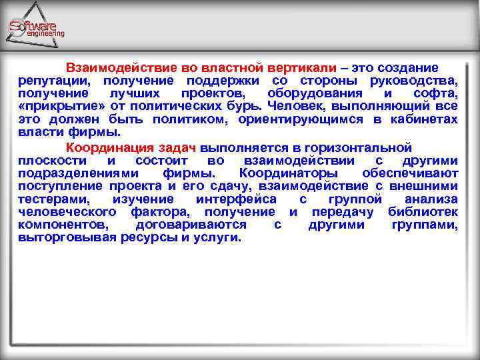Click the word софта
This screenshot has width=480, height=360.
click(x=436, y=93)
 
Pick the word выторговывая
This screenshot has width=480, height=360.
click(x=66, y=238)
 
